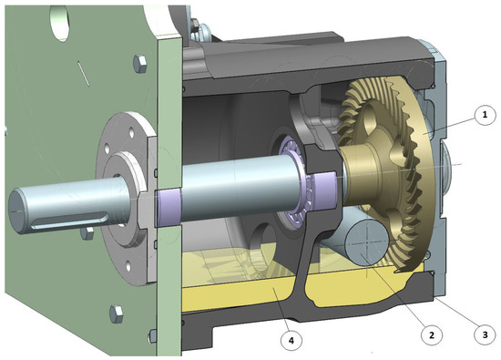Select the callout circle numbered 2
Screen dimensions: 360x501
(424, 334)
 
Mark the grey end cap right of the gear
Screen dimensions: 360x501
(448, 173)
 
